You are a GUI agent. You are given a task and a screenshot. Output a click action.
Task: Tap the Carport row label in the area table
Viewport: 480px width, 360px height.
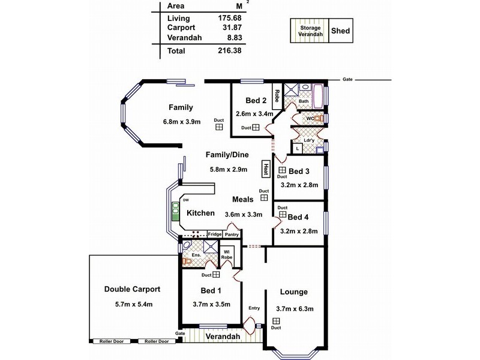[181, 29]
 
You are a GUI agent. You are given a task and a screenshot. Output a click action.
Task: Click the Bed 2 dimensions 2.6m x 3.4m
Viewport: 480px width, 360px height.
[255, 113]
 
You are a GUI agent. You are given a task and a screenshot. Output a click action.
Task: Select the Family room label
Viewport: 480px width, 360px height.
[181, 108]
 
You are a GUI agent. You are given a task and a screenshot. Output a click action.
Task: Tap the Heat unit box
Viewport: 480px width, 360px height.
[265, 169]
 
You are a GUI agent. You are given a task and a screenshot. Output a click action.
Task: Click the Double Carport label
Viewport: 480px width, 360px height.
[131, 289]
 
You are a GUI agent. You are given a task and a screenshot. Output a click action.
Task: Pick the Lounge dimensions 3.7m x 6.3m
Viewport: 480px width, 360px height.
[293, 309]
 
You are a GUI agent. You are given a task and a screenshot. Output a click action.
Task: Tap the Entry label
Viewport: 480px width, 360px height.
[254, 308]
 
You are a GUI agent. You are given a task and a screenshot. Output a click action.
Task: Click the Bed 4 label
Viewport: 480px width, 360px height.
[298, 217]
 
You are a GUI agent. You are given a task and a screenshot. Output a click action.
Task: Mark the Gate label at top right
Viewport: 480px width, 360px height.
[347, 79]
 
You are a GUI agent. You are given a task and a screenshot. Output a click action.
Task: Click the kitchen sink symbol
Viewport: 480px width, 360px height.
[175, 211]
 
